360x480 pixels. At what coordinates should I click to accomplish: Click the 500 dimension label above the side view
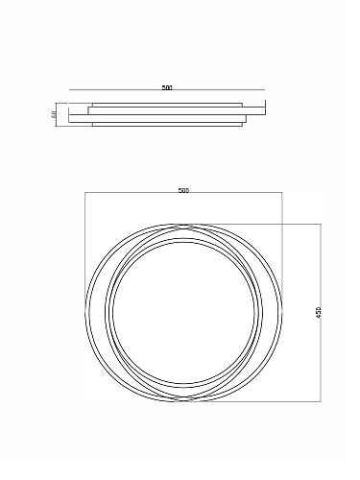(x=167, y=87)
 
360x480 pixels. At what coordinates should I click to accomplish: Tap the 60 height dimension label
(x=54, y=114)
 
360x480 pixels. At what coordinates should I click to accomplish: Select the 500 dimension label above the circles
(x=183, y=190)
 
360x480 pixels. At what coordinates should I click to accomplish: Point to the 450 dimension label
(x=318, y=312)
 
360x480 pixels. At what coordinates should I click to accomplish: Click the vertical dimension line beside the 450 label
(x=321, y=313)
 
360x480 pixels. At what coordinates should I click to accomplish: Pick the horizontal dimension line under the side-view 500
(x=167, y=90)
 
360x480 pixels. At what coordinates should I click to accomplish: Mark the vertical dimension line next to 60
(x=56, y=114)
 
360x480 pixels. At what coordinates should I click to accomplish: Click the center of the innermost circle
(x=183, y=312)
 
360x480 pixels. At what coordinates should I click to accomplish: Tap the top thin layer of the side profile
(x=167, y=105)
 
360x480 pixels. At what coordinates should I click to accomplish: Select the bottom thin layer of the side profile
(x=167, y=125)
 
